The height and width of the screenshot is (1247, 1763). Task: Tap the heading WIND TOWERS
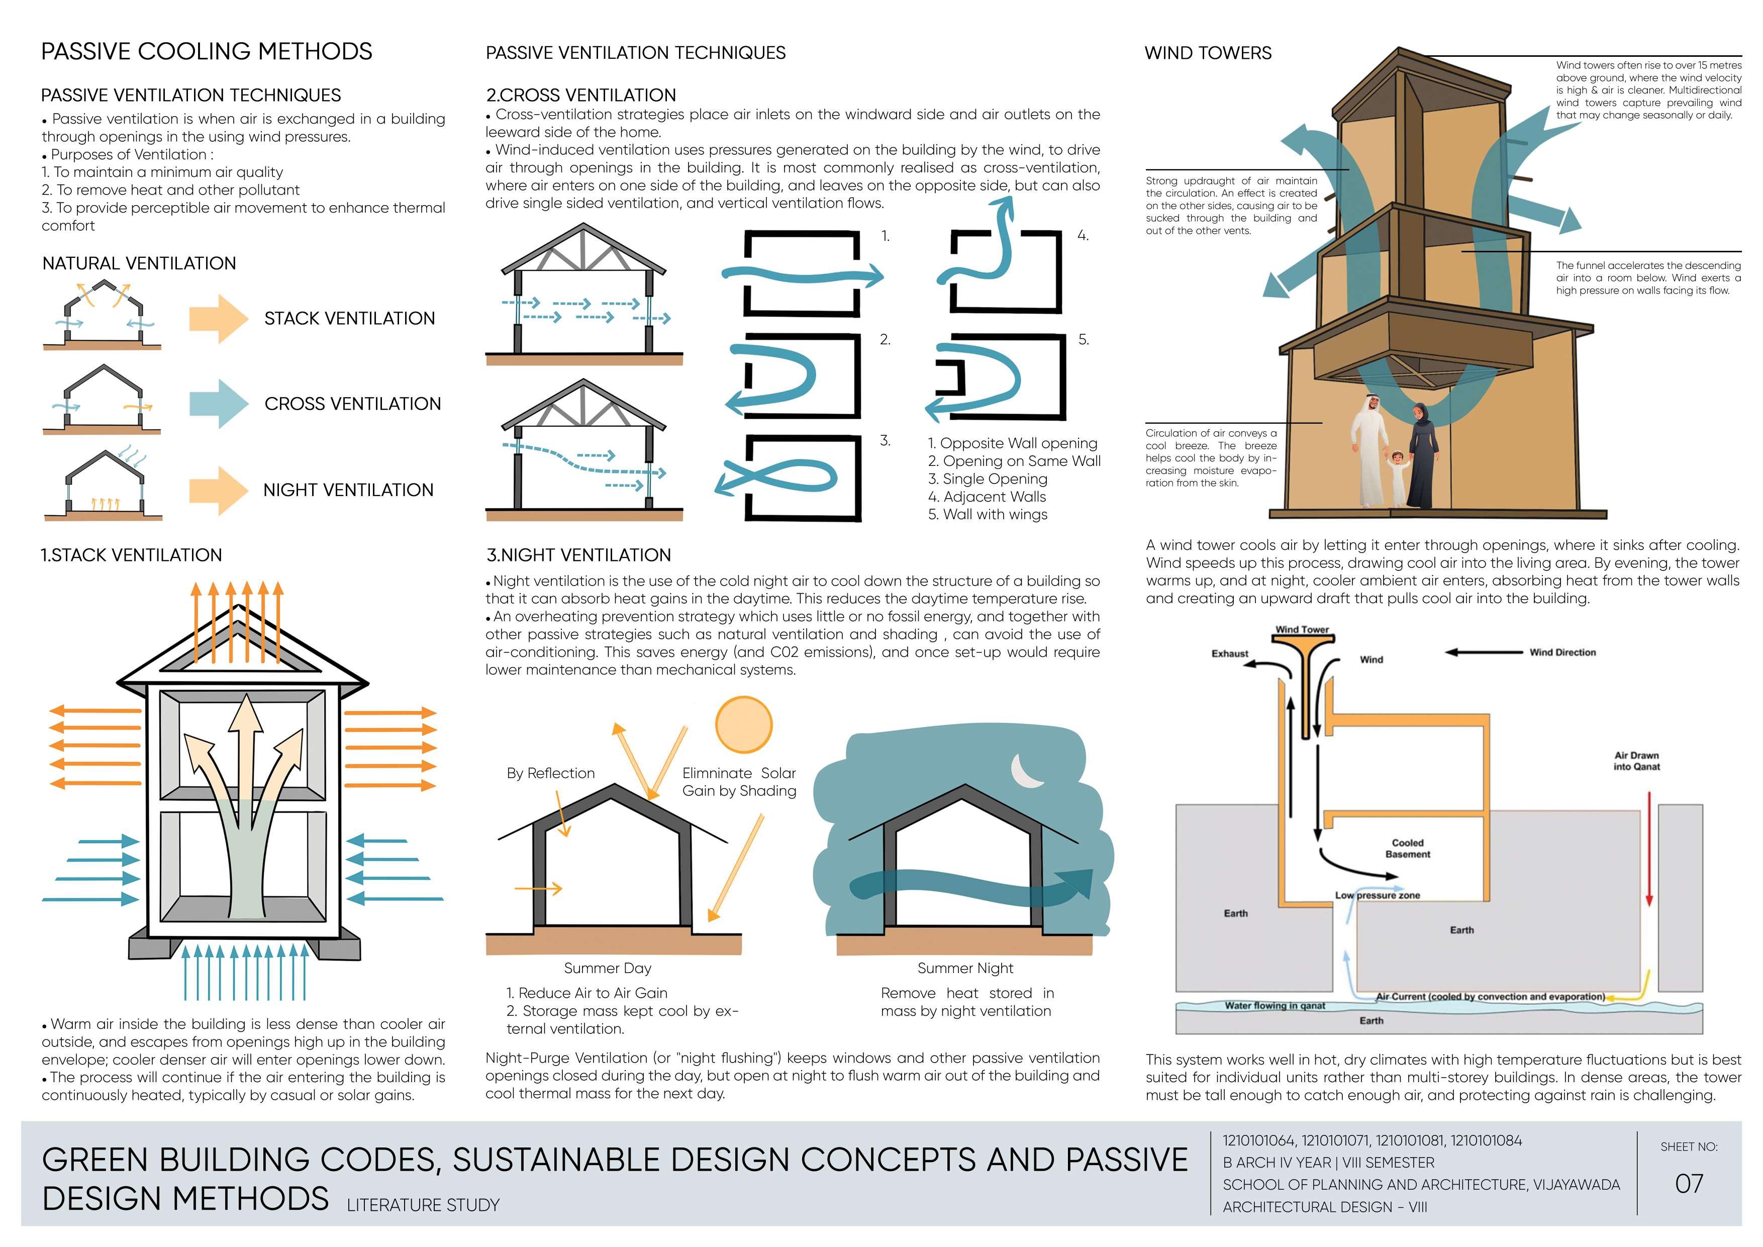pyautogui.click(x=1208, y=53)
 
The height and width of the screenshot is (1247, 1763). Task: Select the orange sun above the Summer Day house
pyautogui.click(x=743, y=724)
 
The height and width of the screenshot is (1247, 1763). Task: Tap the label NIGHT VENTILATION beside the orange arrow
pyautogui.click(x=348, y=490)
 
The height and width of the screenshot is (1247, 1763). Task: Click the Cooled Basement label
pyautogui.click(x=1408, y=848)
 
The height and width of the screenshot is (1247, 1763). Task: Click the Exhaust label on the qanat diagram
pyautogui.click(x=1229, y=653)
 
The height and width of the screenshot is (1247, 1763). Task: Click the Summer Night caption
pyautogui.click(x=965, y=968)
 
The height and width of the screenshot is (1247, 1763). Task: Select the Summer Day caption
pyautogui.click(x=608, y=968)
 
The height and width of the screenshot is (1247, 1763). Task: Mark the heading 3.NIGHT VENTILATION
pyautogui.click(x=578, y=555)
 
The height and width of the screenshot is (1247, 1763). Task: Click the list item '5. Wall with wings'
pyautogui.click(x=988, y=515)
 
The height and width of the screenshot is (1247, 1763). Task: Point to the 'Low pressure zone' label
pyautogui.click(x=1378, y=895)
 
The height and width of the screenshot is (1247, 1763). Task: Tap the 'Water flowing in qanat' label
pyautogui.click(x=1275, y=1005)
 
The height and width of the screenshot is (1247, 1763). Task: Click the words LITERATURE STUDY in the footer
pyautogui.click(x=423, y=1205)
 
